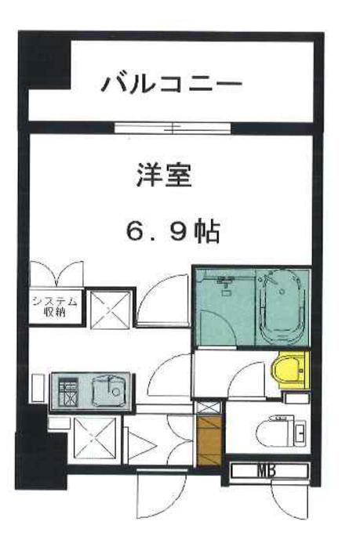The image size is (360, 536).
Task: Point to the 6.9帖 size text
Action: pos(173,231)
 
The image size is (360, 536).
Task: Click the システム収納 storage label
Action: pos(55,306)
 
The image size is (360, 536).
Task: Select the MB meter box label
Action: pos(270,470)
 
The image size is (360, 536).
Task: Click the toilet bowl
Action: pos(274,432)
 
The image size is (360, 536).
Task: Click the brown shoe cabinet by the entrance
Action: pos(209,441)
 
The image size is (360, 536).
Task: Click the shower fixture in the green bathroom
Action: pos(227,282)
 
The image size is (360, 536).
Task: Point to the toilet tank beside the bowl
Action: pos(302,432)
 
